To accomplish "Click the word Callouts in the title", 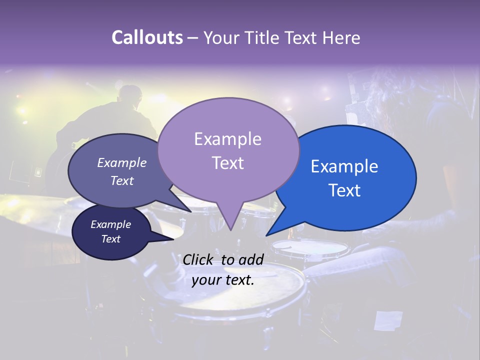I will coord(147,38).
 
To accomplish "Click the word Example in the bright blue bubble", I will coord(344,166).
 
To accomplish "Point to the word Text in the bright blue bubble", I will coord(344,190).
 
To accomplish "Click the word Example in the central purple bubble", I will coord(227,139).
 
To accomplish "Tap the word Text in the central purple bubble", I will coord(227,163).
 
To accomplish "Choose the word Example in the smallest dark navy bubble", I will coord(110,224).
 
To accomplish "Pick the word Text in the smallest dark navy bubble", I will coord(110,239).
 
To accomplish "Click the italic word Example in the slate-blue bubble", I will coord(121,163).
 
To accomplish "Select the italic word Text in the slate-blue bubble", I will coord(121,181).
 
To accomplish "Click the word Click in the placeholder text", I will coord(198,259).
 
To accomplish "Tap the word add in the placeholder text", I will coord(251,259).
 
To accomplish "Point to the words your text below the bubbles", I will coord(222,280).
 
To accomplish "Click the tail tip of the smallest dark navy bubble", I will coord(173,239).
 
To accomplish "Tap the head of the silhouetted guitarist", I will coord(131,95).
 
